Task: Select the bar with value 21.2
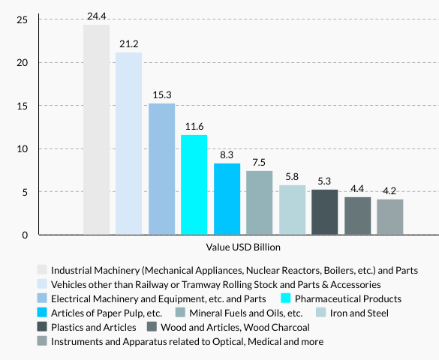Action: click(x=129, y=143)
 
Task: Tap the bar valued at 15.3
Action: click(x=161, y=169)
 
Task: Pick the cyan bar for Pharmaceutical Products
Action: click(x=194, y=184)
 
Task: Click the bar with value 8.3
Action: click(x=227, y=199)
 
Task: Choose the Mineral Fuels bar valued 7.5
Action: click(x=260, y=202)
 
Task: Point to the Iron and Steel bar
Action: click(x=292, y=210)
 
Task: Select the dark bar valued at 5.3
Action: click(x=325, y=212)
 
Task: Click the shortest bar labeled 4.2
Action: click(x=390, y=217)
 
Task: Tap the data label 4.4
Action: click(x=357, y=188)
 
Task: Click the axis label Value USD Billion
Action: click(x=242, y=247)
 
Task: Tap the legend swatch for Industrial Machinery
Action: click(x=42, y=269)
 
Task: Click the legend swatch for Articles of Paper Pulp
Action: click(x=42, y=313)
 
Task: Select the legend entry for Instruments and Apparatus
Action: click(x=187, y=341)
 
